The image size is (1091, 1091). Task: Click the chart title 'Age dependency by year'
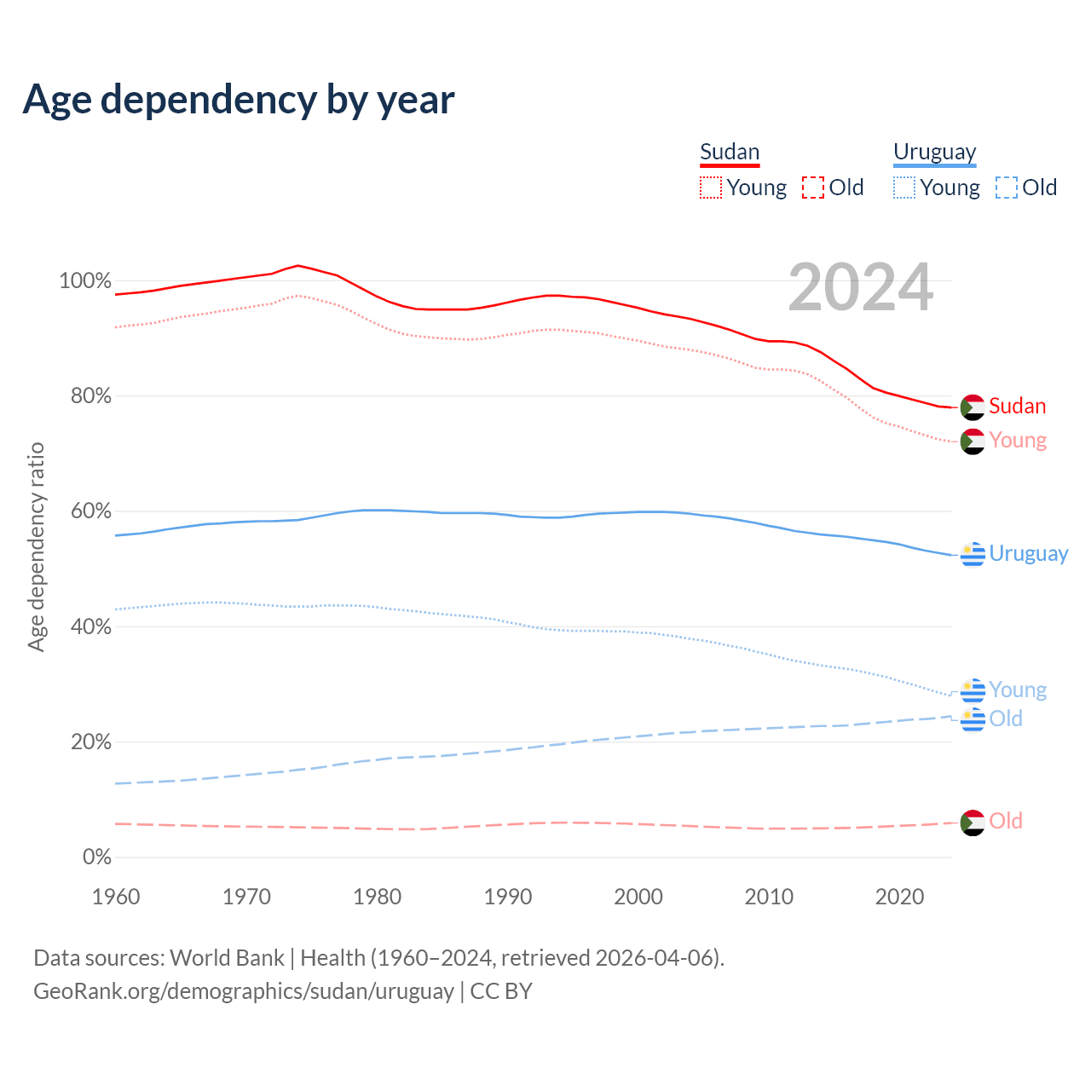pos(239,100)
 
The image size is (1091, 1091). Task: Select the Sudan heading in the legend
pos(729,153)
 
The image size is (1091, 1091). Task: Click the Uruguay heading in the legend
pos(934,153)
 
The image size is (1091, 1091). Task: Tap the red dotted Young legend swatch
pos(711,188)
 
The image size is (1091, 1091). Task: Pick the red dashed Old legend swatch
pos(813,188)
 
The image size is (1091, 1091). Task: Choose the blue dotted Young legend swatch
pos(904,188)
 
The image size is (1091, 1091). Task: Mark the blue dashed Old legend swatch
pos(1007,188)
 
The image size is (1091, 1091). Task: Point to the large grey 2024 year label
pos(860,288)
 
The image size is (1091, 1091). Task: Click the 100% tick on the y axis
pos(85,280)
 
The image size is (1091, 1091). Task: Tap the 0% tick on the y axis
pos(96,857)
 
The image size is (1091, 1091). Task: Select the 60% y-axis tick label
pos(90,511)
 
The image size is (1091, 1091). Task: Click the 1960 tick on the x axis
pos(116,897)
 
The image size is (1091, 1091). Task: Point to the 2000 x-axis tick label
pos(638,897)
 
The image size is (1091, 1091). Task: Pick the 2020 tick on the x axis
pos(900,897)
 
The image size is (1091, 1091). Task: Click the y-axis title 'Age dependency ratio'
pos(36,546)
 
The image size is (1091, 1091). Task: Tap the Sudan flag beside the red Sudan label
pos(973,407)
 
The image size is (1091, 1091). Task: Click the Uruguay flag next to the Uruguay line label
pos(973,554)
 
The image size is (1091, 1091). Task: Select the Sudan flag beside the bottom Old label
pos(973,823)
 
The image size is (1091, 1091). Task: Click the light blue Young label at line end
pos(1018,690)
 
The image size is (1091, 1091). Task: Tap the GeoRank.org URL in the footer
pos(244,991)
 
